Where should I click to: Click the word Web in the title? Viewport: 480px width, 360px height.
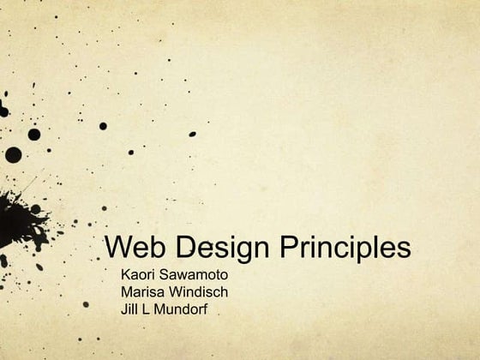131,248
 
